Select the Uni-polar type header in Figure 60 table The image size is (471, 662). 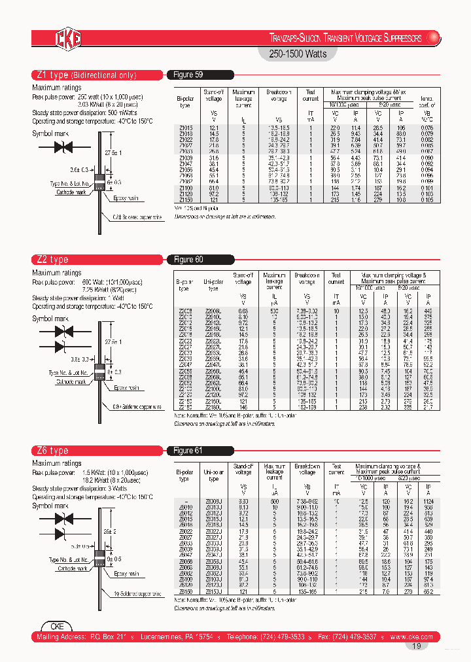213,284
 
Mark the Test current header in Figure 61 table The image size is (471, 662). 336,471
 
